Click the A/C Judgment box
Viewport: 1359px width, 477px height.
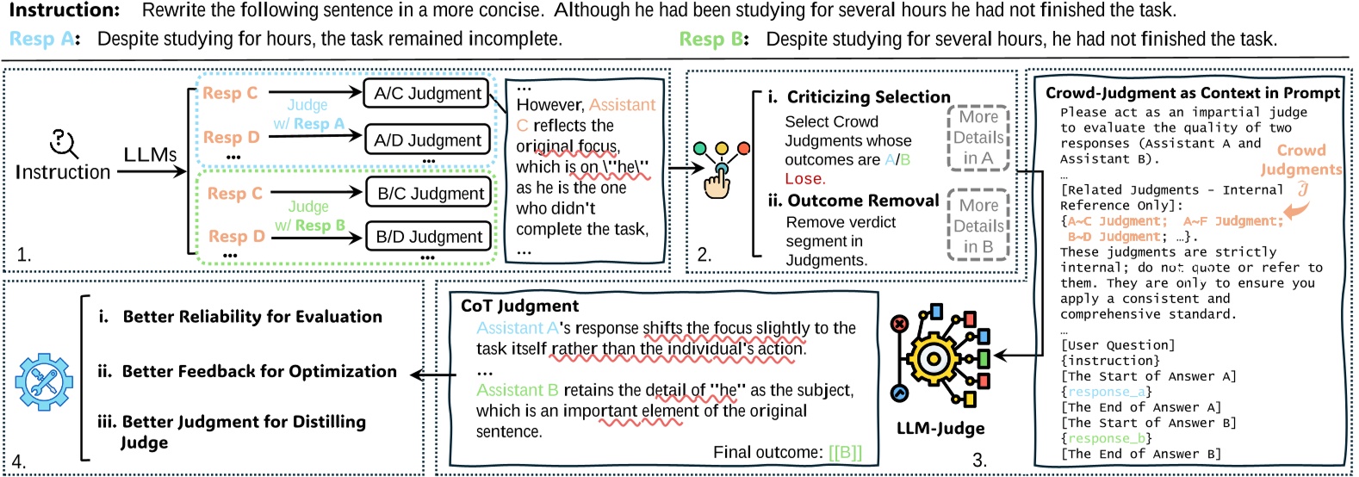tap(426, 94)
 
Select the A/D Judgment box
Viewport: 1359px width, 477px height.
tap(427, 140)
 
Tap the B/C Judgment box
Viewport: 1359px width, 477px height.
tap(429, 193)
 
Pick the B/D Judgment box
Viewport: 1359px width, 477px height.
tap(429, 236)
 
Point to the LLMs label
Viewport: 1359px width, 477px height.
tap(150, 155)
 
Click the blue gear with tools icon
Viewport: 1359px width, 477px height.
tap(44, 382)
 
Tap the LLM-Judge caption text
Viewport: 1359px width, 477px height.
tap(940, 429)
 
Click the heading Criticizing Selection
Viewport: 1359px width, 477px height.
tap(868, 97)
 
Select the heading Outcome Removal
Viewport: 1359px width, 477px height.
tap(863, 201)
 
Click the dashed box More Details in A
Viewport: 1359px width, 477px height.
tap(978, 138)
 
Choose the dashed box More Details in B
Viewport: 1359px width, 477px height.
tap(978, 226)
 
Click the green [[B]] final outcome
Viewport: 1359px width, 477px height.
tap(845, 453)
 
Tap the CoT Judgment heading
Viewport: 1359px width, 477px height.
tap(519, 306)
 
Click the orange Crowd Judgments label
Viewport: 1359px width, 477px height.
tap(1300, 159)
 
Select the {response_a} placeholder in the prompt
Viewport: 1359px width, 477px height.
tap(1106, 392)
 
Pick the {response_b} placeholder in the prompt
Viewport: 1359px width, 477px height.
tap(1106, 438)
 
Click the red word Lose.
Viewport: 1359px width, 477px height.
tap(805, 179)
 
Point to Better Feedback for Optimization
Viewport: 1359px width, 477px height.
tap(260, 371)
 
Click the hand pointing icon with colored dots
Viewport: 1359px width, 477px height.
tap(720, 170)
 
